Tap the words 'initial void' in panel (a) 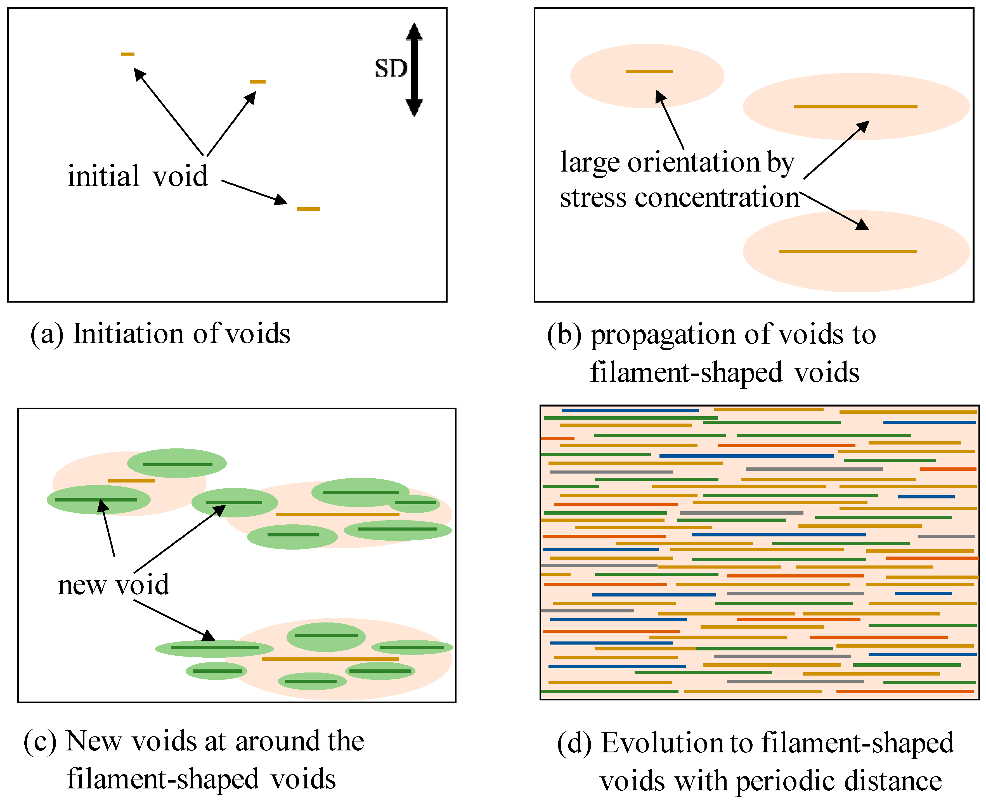tap(138, 176)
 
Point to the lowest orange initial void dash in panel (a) tap(308, 209)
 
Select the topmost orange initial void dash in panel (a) tap(128, 54)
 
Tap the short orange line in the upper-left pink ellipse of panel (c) tap(132, 481)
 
